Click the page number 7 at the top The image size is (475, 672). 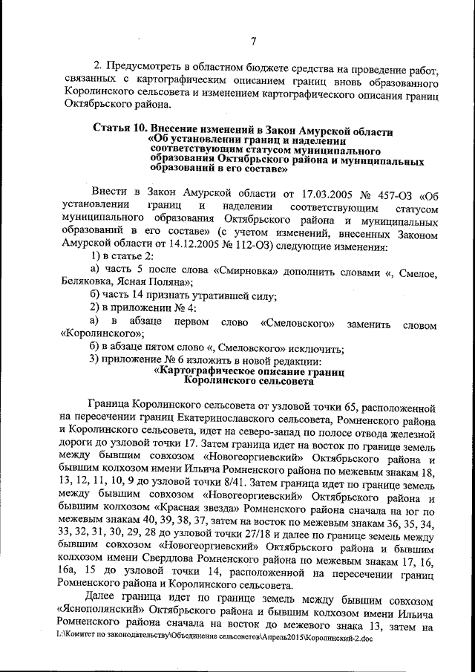coord(252,42)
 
